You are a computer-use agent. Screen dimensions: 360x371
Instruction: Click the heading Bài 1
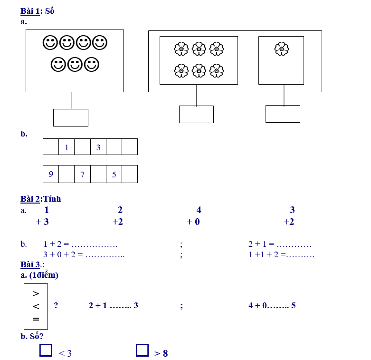point(30,11)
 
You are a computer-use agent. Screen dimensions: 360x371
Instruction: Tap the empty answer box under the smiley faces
point(71,117)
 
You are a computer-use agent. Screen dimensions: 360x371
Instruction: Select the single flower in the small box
point(282,49)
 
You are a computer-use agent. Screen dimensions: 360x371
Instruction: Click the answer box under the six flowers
point(196,114)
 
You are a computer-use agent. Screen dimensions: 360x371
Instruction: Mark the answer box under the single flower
point(283,114)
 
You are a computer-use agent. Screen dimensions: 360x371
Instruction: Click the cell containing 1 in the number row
point(67,147)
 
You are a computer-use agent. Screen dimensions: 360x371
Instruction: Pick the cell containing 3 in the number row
point(98,147)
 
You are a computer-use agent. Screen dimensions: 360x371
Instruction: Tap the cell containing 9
point(51,174)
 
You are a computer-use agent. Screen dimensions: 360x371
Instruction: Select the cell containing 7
point(82,174)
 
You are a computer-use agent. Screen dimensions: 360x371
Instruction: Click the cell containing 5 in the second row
point(114,174)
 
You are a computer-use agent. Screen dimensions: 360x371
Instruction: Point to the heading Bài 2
point(30,199)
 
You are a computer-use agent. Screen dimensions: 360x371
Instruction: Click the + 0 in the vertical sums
point(193,222)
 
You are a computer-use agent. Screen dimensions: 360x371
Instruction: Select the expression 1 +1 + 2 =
point(266,254)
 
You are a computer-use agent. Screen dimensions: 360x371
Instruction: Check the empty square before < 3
point(46,350)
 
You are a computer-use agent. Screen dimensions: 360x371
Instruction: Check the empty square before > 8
point(142,350)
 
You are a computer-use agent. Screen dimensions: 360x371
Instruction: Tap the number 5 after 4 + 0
point(294,305)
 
